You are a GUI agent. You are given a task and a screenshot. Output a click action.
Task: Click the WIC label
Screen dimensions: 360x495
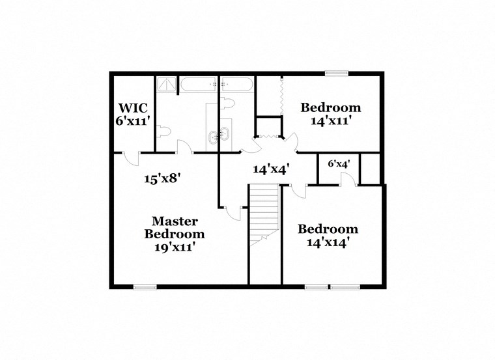(133, 108)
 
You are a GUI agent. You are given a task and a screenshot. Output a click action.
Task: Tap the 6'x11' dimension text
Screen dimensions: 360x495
(133, 120)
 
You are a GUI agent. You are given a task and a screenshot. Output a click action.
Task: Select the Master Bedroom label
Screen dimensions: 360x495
(174, 228)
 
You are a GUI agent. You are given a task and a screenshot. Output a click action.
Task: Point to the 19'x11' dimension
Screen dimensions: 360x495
(174, 247)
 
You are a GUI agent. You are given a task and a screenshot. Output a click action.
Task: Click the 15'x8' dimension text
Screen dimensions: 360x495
(162, 178)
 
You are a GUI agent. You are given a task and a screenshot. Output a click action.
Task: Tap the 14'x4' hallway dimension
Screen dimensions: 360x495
(271, 169)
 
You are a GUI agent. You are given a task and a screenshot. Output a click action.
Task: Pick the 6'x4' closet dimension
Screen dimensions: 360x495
(339, 164)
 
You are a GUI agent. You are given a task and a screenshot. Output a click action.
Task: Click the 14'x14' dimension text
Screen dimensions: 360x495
(328, 242)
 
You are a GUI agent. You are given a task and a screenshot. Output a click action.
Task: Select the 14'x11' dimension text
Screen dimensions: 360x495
(330, 120)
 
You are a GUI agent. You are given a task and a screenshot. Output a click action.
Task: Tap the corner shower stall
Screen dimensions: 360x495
(166, 85)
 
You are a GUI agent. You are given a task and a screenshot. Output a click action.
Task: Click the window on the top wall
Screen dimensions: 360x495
(336, 74)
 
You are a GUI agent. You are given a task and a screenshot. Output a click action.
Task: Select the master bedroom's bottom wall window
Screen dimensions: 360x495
(145, 286)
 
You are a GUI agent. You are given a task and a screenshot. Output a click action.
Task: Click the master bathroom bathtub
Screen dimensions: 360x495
(199, 84)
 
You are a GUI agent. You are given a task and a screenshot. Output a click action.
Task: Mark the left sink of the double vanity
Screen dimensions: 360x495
(214, 135)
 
